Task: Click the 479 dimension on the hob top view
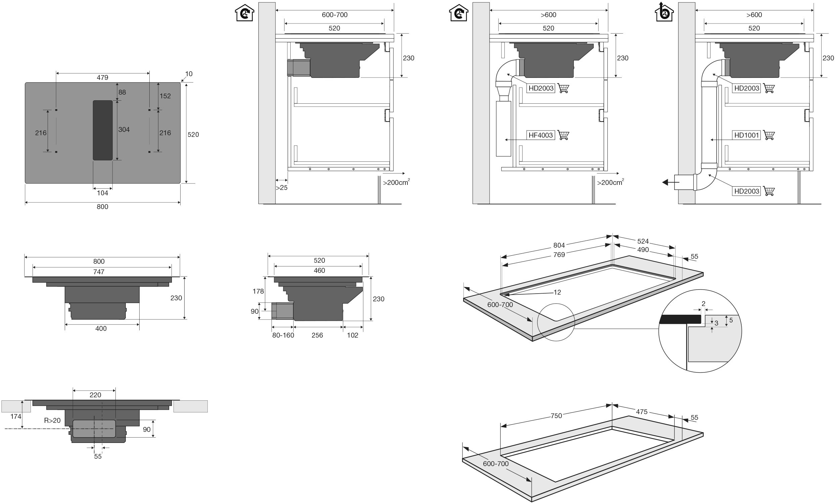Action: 102,78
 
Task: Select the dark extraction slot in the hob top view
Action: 103,130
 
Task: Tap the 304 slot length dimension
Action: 124,130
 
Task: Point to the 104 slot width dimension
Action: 102,193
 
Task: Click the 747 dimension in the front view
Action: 99,272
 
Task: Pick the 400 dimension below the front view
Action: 101,329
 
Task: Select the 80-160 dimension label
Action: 283,335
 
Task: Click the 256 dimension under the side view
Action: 317,335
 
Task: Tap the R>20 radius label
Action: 52,421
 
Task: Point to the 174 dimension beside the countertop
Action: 15,416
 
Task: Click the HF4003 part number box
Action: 541,135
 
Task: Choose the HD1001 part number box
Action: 746,135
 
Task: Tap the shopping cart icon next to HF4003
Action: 563,135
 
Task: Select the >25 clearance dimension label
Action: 281,188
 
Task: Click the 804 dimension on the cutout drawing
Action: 559,245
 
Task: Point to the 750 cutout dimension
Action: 556,416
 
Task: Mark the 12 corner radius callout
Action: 557,292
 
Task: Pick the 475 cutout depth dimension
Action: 641,412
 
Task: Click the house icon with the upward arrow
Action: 664,12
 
